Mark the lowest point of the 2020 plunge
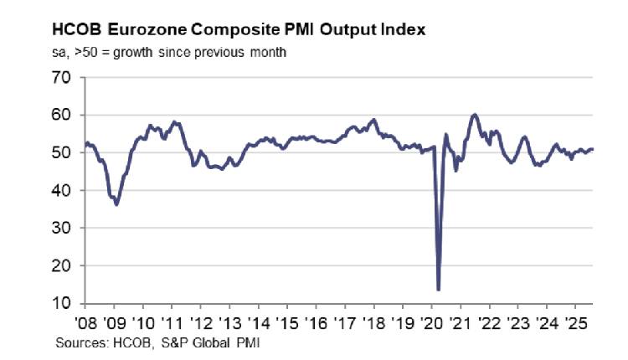point(439,290)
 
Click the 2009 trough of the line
point(116,204)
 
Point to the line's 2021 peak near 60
point(474,115)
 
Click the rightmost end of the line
point(594,150)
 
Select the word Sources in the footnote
point(77,342)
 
